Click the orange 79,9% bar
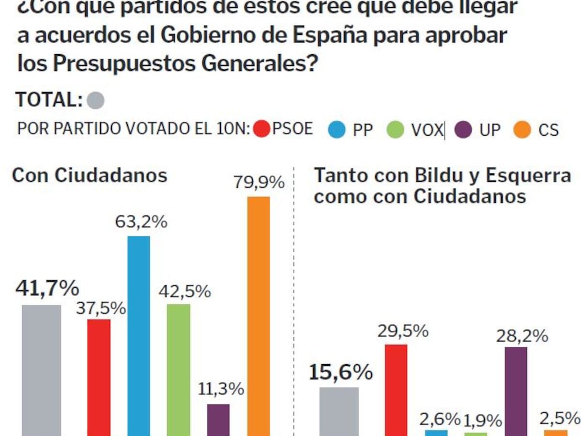pyautogui.click(x=259, y=315)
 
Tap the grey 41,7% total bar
pyautogui.click(x=42, y=370)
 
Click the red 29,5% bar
pyautogui.click(x=396, y=389)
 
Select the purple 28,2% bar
pyautogui.click(x=516, y=391)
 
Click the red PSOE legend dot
pyautogui.click(x=262, y=129)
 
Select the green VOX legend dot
pyautogui.click(x=396, y=130)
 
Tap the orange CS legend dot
pyautogui.click(x=522, y=130)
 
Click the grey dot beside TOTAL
pyautogui.click(x=95, y=101)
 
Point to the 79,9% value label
pyautogui.click(x=259, y=183)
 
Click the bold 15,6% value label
pyautogui.click(x=341, y=373)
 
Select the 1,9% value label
pyautogui.click(x=482, y=420)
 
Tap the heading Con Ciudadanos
pyautogui.click(x=90, y=175)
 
